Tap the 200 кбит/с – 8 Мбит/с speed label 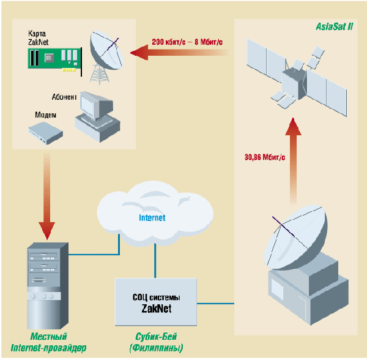[x=187, y=42]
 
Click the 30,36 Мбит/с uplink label [x=265, y=157]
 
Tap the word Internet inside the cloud [x=152, y=217]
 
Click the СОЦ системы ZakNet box [x=156, y=302]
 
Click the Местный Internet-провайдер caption [x=57, y=342]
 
